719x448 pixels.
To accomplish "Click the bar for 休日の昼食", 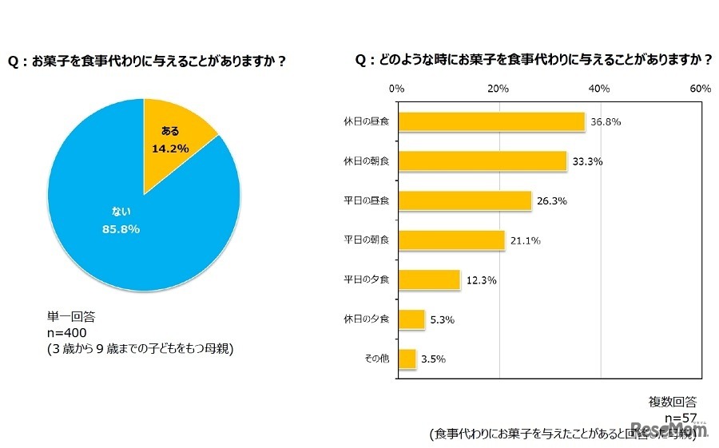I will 491,121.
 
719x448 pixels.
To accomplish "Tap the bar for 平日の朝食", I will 451,240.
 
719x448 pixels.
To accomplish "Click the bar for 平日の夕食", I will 429,280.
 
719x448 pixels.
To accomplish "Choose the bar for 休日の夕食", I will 411,319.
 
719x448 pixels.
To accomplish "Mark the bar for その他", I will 407,359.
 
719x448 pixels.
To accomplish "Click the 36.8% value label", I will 606,122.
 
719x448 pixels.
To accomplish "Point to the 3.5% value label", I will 432,359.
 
